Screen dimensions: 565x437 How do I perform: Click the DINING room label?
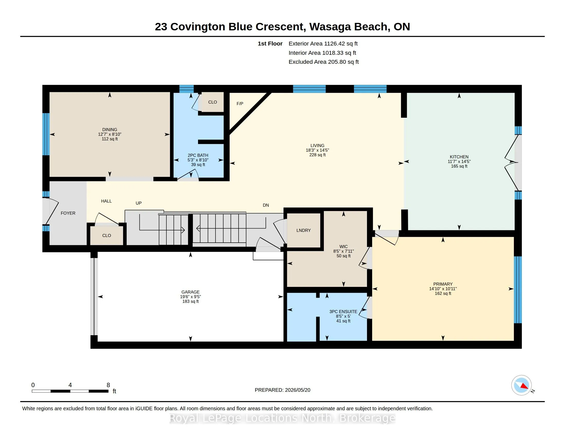[x=110, y=130]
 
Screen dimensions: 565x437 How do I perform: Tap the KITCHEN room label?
[x=459, y=157]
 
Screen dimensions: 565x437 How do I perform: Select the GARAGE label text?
[x=190, y=292]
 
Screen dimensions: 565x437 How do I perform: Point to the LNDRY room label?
[x=304, y=230]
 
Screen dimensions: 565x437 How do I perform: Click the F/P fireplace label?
[x=240, y=104]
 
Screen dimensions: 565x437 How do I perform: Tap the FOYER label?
[x=68, y=213]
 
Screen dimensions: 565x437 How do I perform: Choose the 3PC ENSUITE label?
[x=343, y=312]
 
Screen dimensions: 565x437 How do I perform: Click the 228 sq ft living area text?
[x=317, y=155]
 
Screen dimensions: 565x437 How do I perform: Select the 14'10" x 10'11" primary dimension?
[x=443, y=289]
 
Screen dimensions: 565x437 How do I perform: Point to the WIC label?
[x=344, y=247]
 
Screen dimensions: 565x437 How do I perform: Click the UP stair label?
[x=139, y=203]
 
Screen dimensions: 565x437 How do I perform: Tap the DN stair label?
[x=266, y=205]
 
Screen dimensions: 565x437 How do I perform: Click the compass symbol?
[x=521, y=385]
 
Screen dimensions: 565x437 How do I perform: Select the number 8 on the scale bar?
[x=108, y=385]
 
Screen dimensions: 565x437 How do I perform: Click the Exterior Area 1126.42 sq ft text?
[x=323, y=43]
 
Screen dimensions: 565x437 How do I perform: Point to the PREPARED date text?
[x=282, y=390]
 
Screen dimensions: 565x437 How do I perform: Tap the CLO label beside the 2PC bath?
[x=212, y=102]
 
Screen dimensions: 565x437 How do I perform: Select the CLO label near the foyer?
[x=107, y=235]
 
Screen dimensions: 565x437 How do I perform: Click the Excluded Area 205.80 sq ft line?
[x=324, y=62]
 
